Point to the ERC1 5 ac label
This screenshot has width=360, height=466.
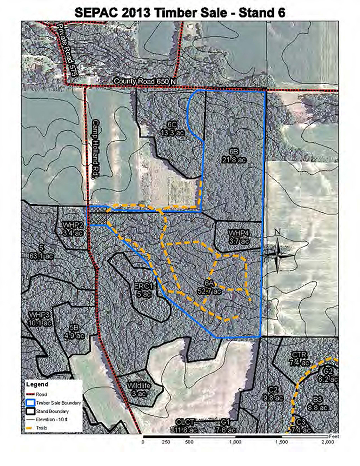tap(144, 290)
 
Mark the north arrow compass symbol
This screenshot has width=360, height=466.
tap(278, 255)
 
